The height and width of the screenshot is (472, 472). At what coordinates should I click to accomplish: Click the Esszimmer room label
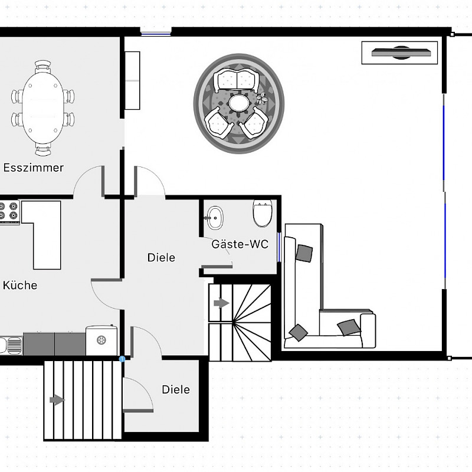(x=34, y=168)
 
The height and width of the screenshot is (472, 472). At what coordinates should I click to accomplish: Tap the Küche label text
(x=20, y=285)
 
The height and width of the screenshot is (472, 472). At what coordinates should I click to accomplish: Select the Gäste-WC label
(x=240, y=244)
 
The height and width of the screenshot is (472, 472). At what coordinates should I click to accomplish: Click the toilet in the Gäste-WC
(x=263, y=213)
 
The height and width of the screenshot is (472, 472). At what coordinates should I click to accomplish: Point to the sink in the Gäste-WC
(x=215, y=218)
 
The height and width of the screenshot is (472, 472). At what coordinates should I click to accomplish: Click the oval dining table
(x=42, y=108)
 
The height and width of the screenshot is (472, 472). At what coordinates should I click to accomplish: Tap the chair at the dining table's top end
(x=42, y=67)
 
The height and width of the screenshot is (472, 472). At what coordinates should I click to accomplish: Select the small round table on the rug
(x=239, y=103)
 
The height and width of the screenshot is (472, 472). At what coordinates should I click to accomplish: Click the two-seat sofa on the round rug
(x=237, y=81)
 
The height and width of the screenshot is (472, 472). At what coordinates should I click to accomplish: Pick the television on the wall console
(x=401, y=53)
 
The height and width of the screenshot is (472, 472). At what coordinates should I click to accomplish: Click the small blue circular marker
(x=122, y=359)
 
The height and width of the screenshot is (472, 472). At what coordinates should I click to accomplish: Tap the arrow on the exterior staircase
(x=57, y=400)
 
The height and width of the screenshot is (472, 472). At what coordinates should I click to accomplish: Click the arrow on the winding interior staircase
(x=222, y=303)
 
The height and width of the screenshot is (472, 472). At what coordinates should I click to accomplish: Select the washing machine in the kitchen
(x=101, y=340)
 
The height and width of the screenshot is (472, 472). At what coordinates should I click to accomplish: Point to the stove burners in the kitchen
(x=9, y=211)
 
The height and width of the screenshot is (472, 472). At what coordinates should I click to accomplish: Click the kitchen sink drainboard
(x=14, y=345)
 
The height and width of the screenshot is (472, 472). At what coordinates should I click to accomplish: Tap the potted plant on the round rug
(x=262, y=98)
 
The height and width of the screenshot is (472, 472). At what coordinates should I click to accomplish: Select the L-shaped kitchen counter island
(x=41, y=235)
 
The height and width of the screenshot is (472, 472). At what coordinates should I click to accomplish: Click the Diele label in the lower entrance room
(x=176, y=389)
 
